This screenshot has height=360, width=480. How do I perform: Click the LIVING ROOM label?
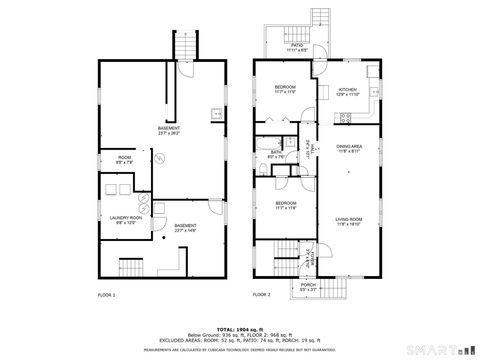[348, 221]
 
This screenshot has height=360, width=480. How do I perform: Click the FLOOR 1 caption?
[107, 296]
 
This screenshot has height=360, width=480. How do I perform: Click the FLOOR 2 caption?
[262, 296]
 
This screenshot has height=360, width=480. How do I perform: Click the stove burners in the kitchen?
[346, 117]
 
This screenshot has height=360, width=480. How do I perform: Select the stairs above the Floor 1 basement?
[186, 45]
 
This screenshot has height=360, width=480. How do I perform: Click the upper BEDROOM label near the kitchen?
[285, 90]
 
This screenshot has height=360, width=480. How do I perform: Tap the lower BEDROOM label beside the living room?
[285, 205]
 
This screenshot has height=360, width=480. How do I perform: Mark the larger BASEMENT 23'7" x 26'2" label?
[170, 131]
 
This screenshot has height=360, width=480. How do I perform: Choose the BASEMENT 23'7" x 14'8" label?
[186, 228]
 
